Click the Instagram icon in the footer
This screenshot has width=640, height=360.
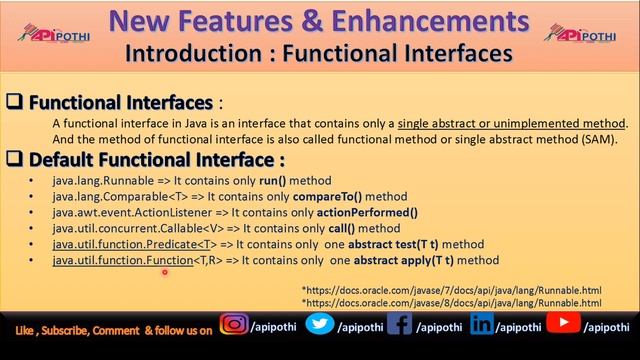coord(235,326)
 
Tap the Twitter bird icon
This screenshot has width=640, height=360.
coord(320,326)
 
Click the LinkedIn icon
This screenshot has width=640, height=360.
coord(482,326)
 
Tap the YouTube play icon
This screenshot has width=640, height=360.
coord(564,325)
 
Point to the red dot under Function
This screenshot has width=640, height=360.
coord(164,270)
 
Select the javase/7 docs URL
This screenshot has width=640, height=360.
coord(452,290)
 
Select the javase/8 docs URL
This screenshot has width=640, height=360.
coord(452,302)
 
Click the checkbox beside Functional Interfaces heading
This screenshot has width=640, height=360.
coord(15,103)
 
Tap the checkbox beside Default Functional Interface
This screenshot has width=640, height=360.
coord(15,159)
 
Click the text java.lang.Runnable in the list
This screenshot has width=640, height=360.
coord(95,181)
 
